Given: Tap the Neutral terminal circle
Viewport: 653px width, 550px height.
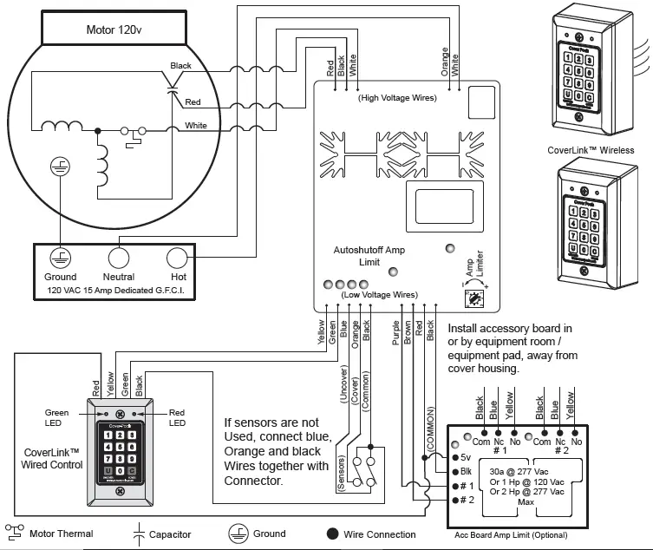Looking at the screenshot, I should [x=118, y=258].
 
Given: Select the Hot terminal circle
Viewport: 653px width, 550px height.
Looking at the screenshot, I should [x=177, y=258].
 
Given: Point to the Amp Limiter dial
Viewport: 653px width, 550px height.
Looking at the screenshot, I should [x=474, y=298].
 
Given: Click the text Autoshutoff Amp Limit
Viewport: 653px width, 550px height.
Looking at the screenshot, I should [x=369, y=256].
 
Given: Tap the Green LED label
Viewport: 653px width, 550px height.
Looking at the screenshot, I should [x=56, y=417].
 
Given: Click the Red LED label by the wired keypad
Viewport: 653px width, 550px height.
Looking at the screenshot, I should [x=178, y=417].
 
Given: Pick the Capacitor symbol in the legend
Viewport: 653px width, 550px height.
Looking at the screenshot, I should [x=137, y=533].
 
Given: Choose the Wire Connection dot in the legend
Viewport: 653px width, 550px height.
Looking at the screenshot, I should [x=332, y=534].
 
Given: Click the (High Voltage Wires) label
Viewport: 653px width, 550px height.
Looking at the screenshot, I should [x=397, y=98].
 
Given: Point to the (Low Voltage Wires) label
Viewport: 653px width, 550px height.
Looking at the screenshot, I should [x=380, y=295].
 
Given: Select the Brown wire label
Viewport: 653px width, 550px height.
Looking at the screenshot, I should [x=408, y=332].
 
